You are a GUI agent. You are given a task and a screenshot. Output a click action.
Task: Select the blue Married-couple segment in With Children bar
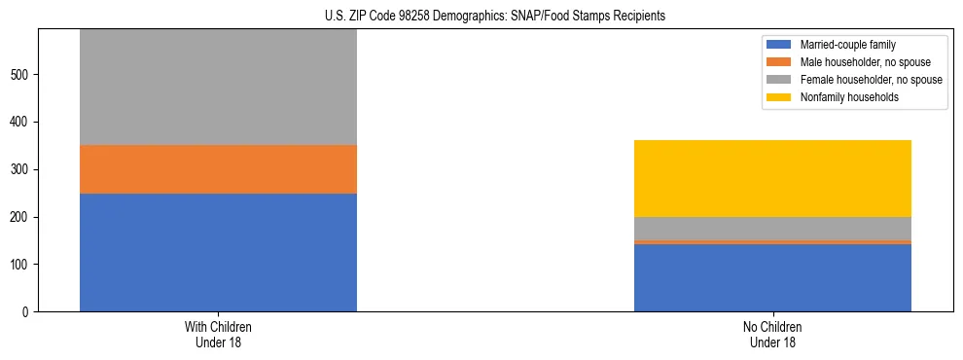tap(218, 252)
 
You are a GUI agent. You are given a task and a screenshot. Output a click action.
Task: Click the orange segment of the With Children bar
tap(218, 169)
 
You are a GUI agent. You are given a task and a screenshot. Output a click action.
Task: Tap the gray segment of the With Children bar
tap(218, 88)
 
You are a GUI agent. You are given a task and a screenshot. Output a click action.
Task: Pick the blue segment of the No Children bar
tap(772, 277)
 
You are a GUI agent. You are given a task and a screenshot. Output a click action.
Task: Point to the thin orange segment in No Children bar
tap(772, 242)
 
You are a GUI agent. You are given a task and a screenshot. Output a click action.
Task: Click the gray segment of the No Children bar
tap(772, 228)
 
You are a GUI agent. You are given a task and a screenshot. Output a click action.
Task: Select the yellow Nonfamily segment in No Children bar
tap(772, 178)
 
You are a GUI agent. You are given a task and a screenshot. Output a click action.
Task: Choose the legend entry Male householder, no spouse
tap(857, 62)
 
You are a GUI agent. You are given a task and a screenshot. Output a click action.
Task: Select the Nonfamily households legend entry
tap(848, 97)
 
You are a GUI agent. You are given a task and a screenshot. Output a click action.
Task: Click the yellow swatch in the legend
tap(780, 97)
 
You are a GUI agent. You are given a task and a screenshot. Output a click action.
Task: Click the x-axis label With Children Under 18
tap(218, 335)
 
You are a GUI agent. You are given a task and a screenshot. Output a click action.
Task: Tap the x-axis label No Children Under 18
tap(772, 335)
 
